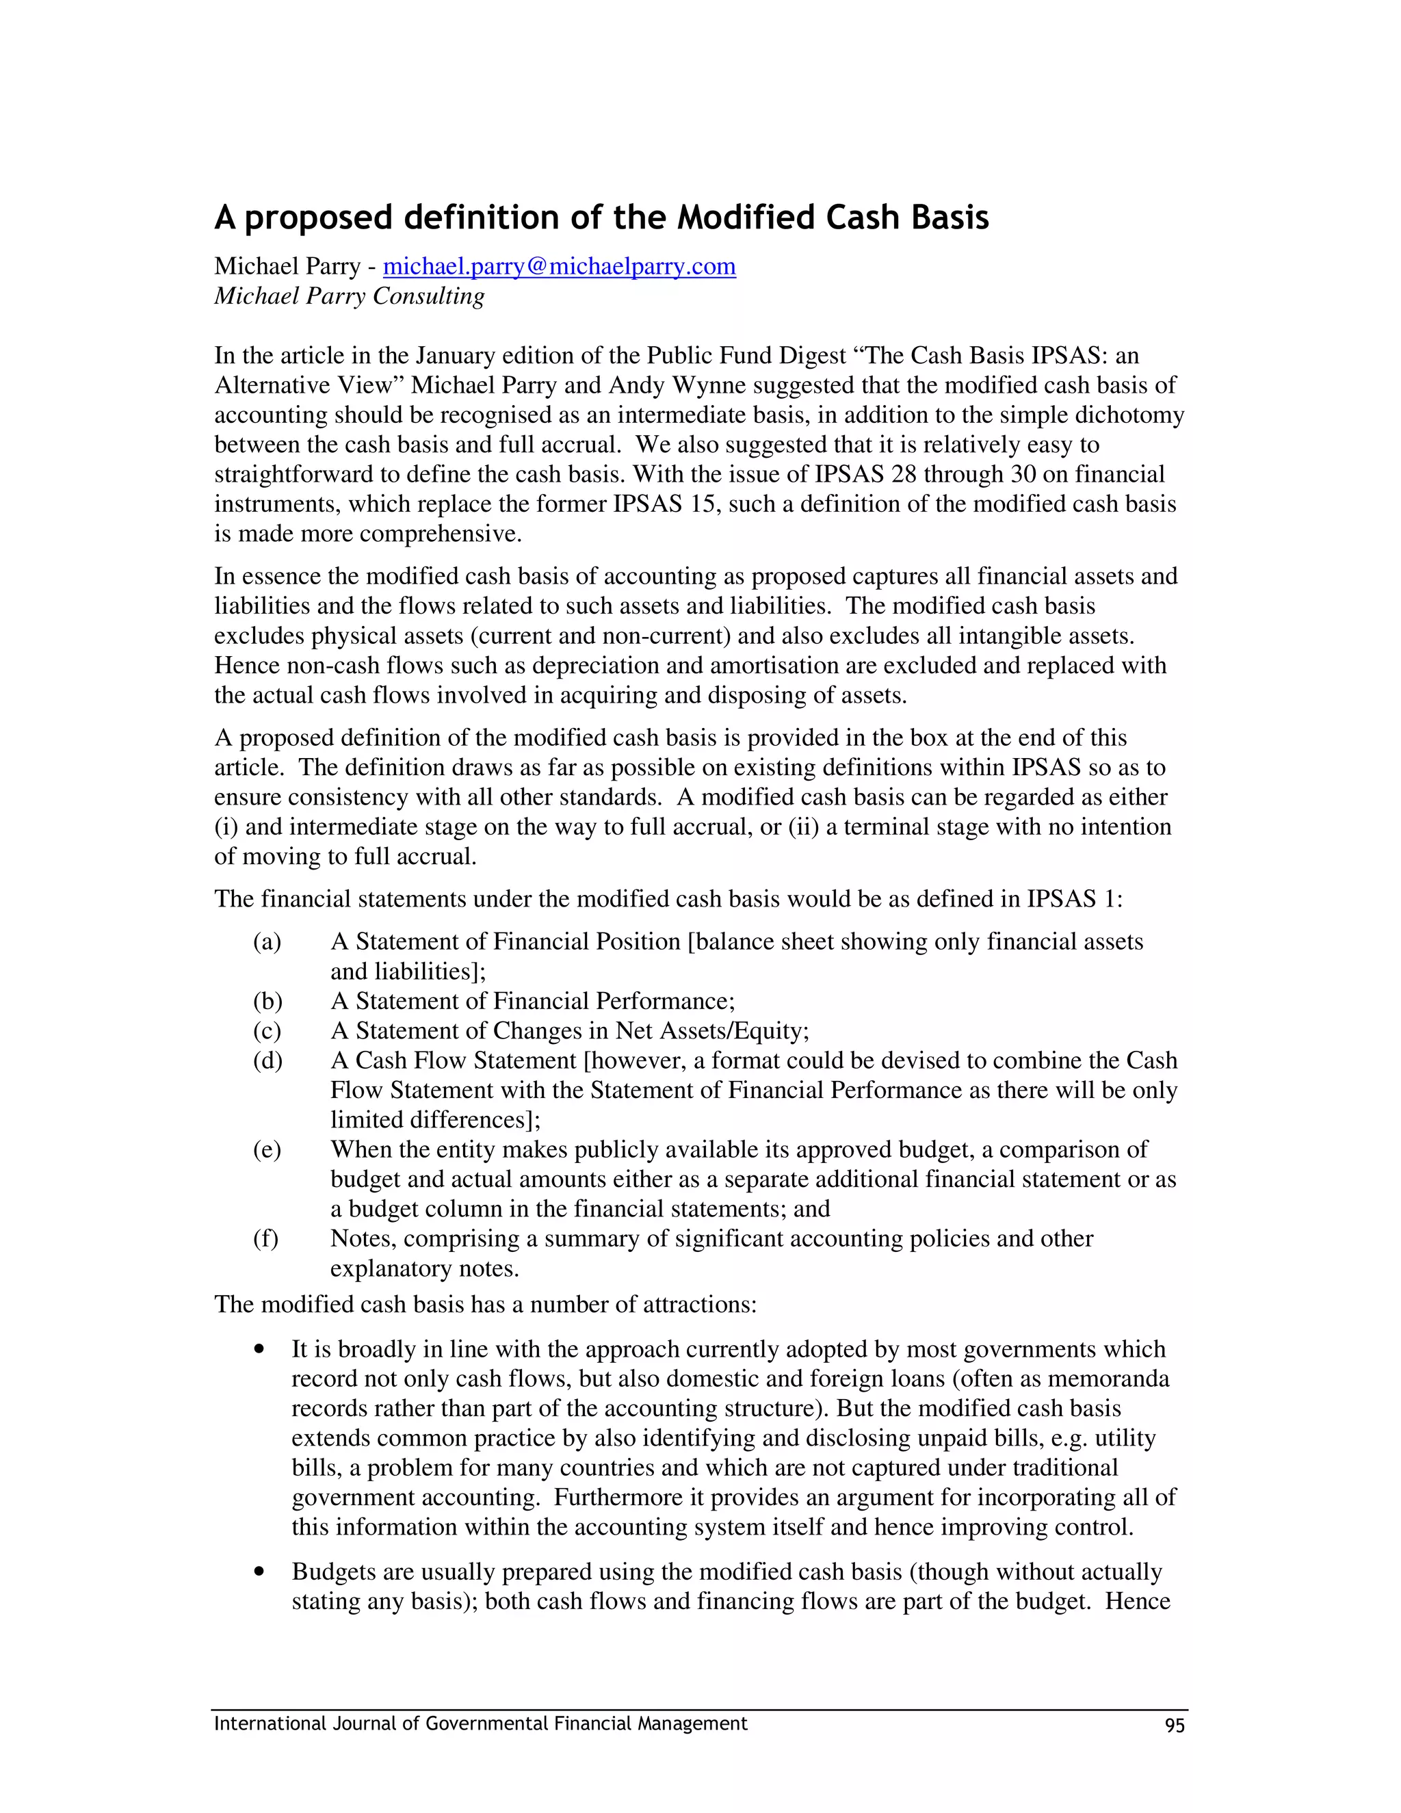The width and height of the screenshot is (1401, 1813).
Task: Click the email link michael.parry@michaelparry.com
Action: [x=560, y=266]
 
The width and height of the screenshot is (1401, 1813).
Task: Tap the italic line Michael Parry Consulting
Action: [x=350, y=296]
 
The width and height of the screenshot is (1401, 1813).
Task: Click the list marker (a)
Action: [x=267, y=941]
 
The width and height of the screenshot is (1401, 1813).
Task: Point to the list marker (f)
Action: [x=265, y=1238]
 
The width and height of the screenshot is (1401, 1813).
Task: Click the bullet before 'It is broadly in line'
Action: [x=261, y=1349]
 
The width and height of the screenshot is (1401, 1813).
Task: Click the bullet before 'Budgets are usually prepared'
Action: [x=261, y=1571]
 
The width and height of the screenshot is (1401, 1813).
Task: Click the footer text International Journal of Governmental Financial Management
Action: [x=480, y=1724]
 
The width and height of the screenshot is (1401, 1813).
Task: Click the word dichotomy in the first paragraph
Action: [x=1129, y=415]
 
